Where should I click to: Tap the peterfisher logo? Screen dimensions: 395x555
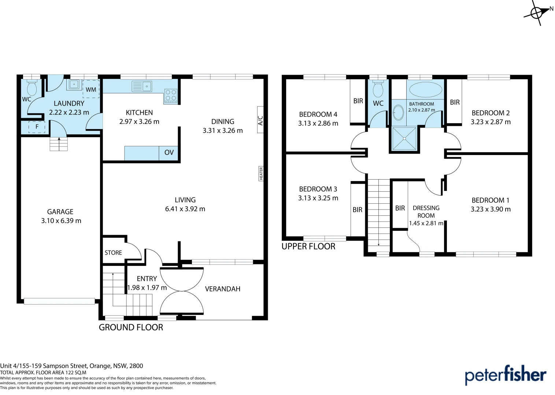click(505, 375)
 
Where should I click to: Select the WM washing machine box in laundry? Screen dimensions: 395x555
click(91, 89)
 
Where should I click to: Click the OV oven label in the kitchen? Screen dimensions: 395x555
click(169, 153)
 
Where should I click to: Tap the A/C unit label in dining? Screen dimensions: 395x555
click(260, 120)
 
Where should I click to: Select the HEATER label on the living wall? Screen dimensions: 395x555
click(261, 173)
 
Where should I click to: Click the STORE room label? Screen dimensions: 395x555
click(113, 253)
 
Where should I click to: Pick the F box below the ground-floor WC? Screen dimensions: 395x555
click(37, 127)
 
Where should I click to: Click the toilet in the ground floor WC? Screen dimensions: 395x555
click(32, 88)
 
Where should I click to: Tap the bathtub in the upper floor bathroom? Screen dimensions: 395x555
click(425, 89)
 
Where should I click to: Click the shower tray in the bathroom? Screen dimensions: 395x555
click(404, 139)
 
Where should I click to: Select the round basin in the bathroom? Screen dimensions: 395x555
click(398, 113)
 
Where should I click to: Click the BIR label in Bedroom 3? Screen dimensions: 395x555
click(357, 210)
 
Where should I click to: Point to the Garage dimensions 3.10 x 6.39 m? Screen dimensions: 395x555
click(61, 221)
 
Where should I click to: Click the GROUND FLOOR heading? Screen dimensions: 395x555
click(131, 327)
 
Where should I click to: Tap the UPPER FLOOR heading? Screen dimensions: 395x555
click(308, 247)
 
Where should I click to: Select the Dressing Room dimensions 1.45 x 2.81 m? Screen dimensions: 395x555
click(426, 223)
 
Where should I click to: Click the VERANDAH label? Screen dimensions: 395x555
click(222, 289)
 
